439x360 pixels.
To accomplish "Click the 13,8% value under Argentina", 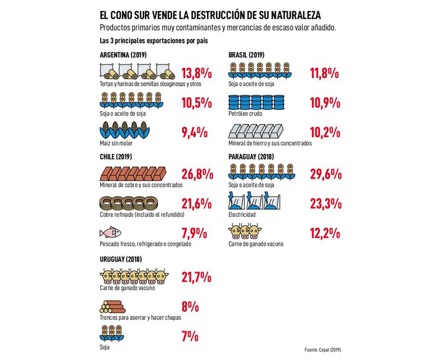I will pos(197,73).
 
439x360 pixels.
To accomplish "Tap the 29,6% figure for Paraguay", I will pos(326,174).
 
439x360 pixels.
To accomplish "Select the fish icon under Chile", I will pos(110,232).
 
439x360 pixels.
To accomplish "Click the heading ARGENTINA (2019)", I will pos(123,55).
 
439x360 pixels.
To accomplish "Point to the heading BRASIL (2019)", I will pos(246,55).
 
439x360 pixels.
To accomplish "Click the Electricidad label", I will pos(241,215).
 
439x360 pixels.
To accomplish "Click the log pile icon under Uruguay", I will pos(112,306).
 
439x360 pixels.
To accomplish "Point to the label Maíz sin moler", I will pos(117,143).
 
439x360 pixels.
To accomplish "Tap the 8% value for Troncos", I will pos(191,307).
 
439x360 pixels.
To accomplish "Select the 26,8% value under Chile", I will pos(198,175).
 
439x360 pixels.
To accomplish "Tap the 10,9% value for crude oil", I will pos(326,102).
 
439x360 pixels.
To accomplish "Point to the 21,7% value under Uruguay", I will pos(196,277).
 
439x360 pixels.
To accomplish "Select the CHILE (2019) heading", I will pos(116,157).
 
